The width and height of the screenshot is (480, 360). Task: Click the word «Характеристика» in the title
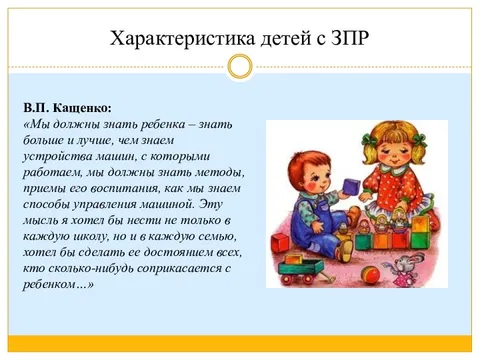pyautogui.click(x=169, y=39)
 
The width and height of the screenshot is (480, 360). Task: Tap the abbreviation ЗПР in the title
pyautogui.click(x=345, y=39)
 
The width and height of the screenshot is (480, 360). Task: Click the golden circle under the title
pyautogui.click(x=239, y=67)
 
